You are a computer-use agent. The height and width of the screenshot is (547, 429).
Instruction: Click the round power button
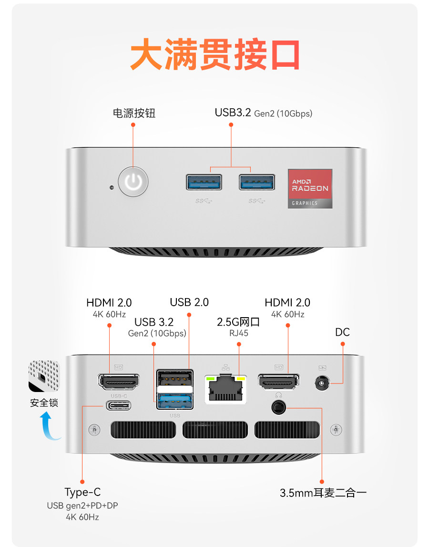133,182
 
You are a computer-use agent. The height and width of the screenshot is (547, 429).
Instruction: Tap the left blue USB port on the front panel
204,182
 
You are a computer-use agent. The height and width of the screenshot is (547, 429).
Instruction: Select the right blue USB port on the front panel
257,182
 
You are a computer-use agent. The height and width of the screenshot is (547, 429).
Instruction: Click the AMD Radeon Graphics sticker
310,188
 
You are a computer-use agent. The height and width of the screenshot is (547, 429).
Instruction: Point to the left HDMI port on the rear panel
119,381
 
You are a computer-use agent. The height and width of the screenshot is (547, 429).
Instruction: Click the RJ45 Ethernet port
225,389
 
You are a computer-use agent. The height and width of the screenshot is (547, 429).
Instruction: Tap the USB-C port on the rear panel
119,406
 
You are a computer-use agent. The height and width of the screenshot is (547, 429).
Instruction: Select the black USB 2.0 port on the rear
174,380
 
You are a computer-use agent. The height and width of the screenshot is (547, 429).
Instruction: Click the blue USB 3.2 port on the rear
174,400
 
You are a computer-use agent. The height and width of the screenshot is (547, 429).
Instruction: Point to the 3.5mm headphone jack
278,407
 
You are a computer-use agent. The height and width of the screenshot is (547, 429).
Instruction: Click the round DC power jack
322,383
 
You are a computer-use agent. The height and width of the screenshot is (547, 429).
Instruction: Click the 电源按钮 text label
134,113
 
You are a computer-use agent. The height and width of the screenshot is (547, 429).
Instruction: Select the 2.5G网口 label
238,322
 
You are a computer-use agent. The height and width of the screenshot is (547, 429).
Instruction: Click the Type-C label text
82,492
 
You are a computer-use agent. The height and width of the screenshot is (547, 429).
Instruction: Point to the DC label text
342,332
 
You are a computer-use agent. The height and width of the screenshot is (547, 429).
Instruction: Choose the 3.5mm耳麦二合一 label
323,493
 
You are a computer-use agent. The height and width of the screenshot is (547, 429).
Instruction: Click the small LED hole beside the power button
112,187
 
